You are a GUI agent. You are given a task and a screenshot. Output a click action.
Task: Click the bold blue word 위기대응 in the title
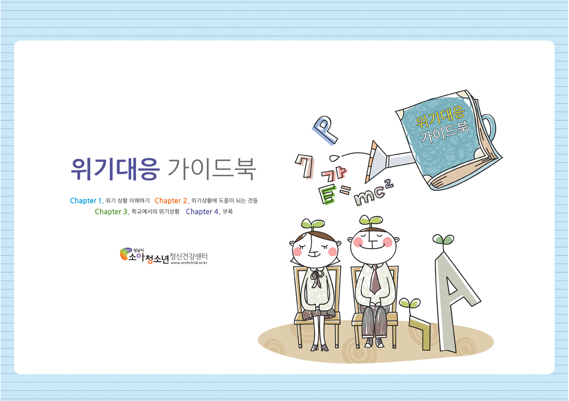[x=115, y=169]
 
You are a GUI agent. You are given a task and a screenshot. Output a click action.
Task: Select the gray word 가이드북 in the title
[x=211, y=169]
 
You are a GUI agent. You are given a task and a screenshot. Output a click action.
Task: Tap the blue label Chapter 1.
[x=87, y=201]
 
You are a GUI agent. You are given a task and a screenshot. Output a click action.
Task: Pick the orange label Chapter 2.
[x=172, y=201]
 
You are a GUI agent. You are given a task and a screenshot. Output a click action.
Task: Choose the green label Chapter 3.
[x=112, y=212]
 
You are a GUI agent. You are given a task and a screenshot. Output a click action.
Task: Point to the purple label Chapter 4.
[x=203, y=212]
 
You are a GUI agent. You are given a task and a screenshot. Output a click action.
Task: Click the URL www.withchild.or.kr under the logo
[x=189, y=263]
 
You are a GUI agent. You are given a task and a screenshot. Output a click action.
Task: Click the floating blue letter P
[x=325, y=130]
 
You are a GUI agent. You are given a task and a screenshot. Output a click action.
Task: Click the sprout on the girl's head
[x=312, y=224]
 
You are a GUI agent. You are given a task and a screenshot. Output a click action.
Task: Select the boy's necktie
[x=375, y=278]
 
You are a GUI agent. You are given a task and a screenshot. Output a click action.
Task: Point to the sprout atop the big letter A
[x=443, y=241]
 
